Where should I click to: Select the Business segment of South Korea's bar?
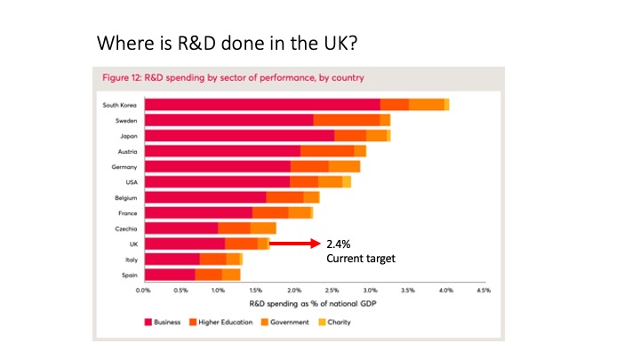[x=262, y=105]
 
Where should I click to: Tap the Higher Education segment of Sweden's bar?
[x=347, y=120]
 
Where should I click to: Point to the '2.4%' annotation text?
[x=340, y=243]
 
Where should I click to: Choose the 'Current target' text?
[x=360, y=258]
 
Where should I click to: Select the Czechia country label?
[x=123, y=228]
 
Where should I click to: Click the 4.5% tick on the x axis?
[x=484, y=290]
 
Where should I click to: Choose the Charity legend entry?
[x=338, y=322]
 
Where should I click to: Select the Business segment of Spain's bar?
[x=170, y=274]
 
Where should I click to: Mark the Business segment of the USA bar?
[x=218, y=181]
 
